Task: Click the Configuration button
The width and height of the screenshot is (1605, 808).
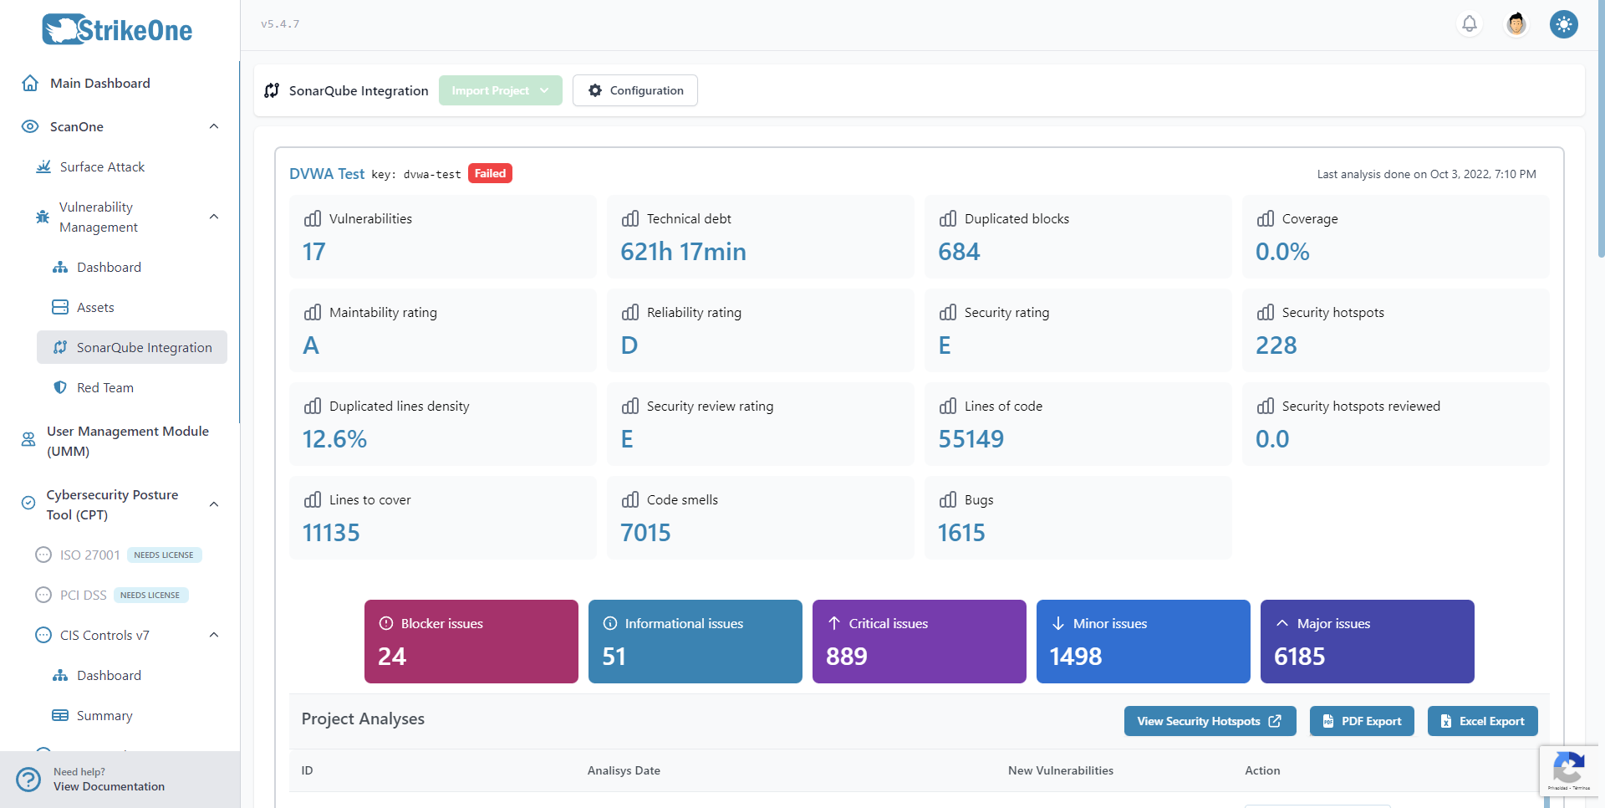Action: click(x=635, y=90)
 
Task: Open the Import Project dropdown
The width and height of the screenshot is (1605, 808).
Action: click(x=500, y=90)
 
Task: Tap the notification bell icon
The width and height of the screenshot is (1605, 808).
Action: click(x=1469, y=23)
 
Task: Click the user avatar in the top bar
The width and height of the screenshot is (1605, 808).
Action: click(x=1516, y=23)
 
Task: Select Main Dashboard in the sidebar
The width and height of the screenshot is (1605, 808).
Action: click(x=99, y=83)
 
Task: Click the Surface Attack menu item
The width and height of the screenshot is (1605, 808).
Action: click(x=102, y=166)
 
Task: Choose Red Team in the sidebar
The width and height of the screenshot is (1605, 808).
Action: click(x=104, y=387)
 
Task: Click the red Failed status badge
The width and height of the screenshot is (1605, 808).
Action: click(x=490, y=173)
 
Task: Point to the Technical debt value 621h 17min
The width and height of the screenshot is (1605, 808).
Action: click(x=683, y=252)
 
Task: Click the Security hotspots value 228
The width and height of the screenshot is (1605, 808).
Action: click(x=1276, y=345)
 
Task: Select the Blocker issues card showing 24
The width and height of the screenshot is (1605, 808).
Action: click(x=471, y=641)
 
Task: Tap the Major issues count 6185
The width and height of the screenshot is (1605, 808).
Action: click(x=1299, y=657)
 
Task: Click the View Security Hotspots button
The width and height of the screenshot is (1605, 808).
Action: click(x=1209, y=721)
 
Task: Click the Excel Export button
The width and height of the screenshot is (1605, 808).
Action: click(x=1482, y=721)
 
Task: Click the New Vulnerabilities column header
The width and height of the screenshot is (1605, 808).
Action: click(x=1060, y=770)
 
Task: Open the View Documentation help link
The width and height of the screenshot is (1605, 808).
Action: click(x=109, y=786)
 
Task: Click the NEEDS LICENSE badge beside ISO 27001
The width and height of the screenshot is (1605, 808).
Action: click(x=164, y=555)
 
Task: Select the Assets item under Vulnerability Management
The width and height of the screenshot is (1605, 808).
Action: click(x=95, y=307)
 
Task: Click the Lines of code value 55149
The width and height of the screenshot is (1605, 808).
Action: click(x=971, y=439)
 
